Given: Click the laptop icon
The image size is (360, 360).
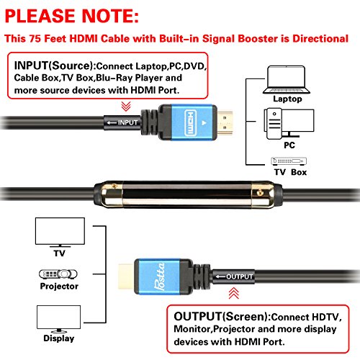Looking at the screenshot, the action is click(287, 80).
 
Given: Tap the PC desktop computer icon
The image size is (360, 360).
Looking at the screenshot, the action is click(289, 124).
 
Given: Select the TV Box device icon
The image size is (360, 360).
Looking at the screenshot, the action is click(289, 161).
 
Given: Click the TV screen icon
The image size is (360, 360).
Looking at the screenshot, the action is click(60, 233).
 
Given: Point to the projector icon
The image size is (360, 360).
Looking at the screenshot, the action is click(58, 274).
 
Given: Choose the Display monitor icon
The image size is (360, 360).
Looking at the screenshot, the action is click(59, 319).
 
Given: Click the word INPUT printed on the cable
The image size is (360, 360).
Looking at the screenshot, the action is click(127, 122).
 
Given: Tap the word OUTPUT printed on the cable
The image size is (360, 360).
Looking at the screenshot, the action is click(239, 276).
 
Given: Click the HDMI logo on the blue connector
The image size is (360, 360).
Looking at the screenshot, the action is click(191, 122).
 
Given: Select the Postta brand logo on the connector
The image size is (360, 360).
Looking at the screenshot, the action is click(160, 276).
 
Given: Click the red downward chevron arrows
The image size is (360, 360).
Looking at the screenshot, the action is click(126, 107).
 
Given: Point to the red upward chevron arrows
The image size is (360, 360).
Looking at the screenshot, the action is click(234, 293).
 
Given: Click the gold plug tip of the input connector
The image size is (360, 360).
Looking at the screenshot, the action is click(225, 122).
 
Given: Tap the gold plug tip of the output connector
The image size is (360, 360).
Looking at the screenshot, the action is click(126, 276).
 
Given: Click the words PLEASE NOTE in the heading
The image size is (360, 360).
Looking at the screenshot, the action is click(72, 16).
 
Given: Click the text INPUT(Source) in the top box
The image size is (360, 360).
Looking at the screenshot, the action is click(55, 66).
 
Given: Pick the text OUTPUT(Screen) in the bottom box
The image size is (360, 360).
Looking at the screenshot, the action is click(222, 317).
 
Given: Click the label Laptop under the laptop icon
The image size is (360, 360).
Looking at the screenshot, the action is click(287, 99).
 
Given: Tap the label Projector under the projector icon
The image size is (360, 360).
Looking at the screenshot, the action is click(59, 286).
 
